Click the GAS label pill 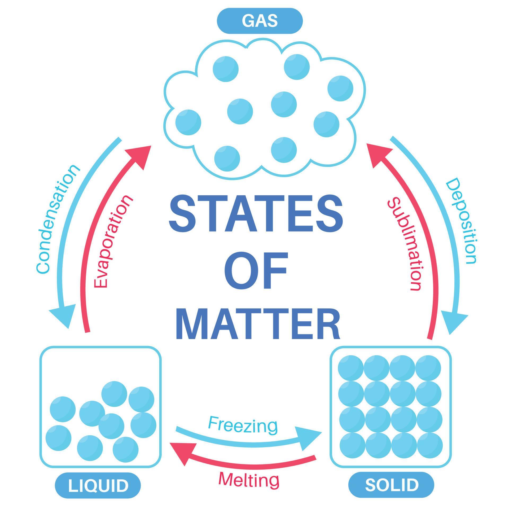(260, 21)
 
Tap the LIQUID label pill (98, 485)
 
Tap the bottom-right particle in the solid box (430, 445)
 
